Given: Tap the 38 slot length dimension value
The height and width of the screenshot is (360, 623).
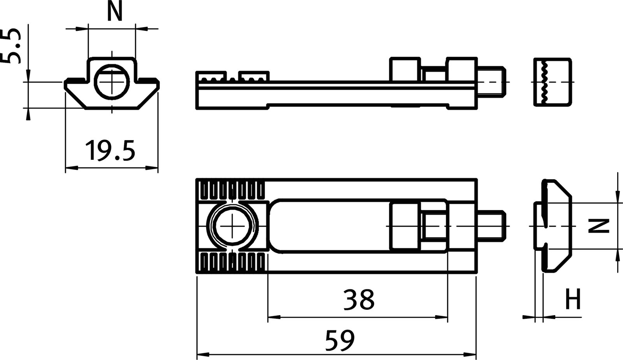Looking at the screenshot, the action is point(359,300).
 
